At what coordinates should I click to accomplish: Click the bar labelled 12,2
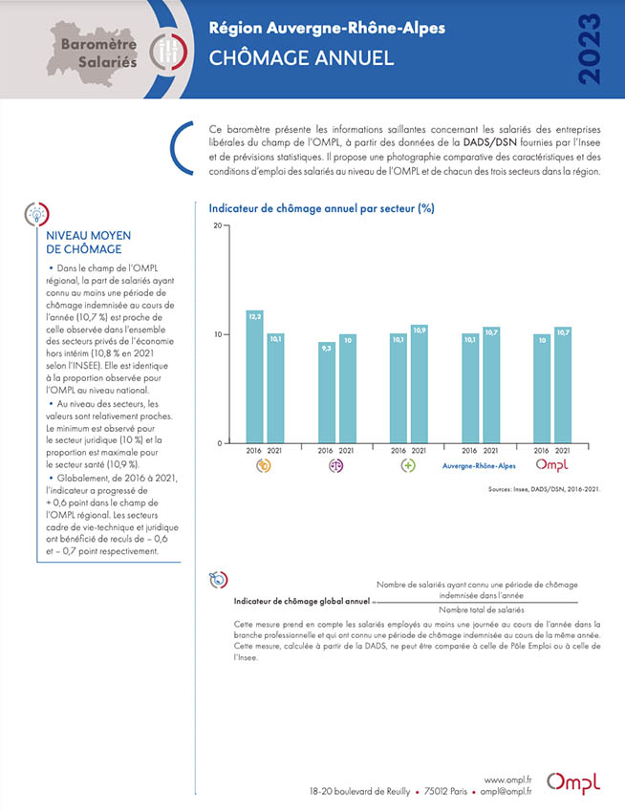click(x=254, y=376)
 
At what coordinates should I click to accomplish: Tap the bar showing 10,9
click(x=420, y=384)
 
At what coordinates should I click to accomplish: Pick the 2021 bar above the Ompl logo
click(x=563, y=385)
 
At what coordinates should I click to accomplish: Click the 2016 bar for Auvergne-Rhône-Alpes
click(x=470, y=389)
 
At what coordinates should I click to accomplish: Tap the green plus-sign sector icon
click(x=408, y=466)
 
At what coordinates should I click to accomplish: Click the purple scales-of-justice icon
click(x=335, y=466)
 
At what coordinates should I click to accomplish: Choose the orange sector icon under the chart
click(x=264, y=466)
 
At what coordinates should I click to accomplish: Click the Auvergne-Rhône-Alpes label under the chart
click(x=479, y=466)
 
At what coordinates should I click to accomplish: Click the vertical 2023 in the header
click(x=589, y=49)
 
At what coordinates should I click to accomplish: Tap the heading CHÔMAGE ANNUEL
click(x=301, y=58)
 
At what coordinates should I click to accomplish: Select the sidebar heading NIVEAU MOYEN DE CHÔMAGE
click(x=89, y=242)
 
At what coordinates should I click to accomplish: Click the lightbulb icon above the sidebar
click(x=36, y=214)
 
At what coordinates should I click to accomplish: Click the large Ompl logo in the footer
click(x=573, y=783)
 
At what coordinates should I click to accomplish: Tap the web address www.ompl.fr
click(x=507, y=780)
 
